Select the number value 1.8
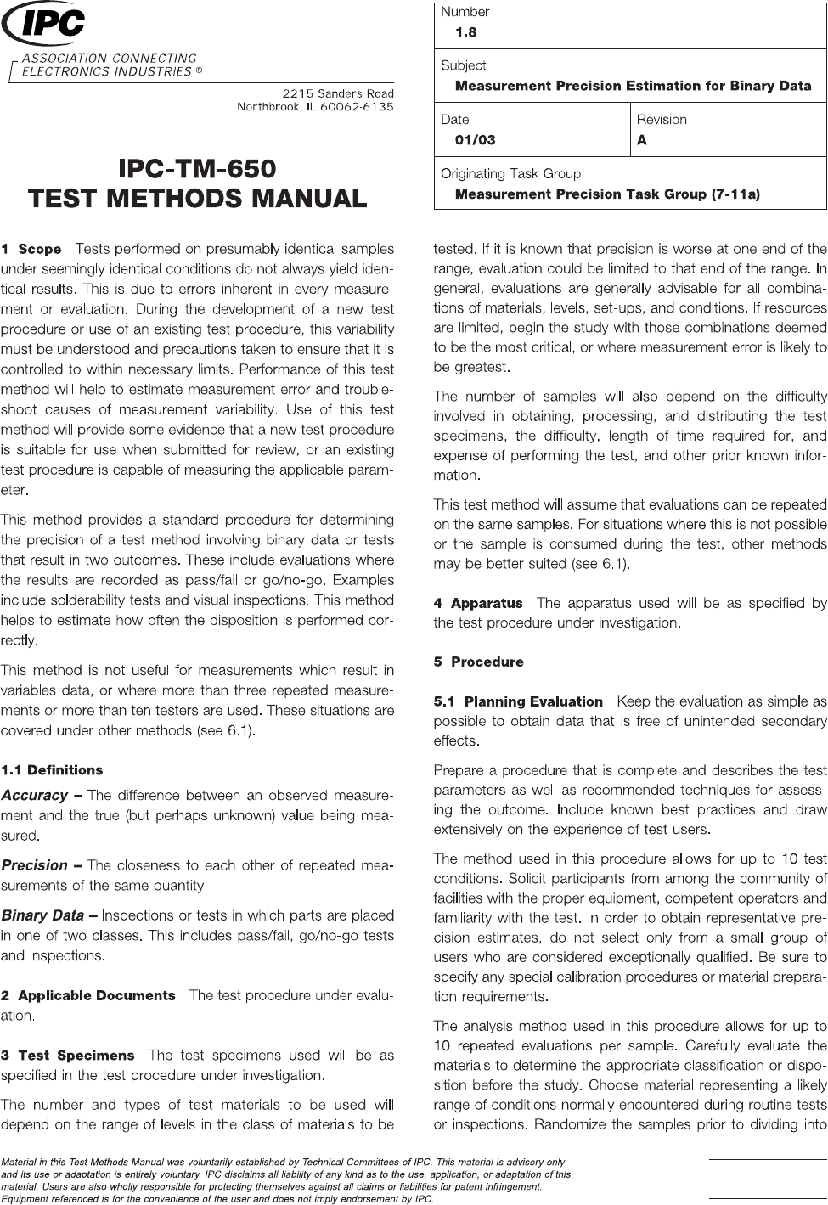465,32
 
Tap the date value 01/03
476,140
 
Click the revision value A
642,140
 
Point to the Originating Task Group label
510,173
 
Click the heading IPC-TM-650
197,167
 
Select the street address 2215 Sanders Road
337,93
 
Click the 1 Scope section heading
31,250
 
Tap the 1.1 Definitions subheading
52,770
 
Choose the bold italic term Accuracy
35,796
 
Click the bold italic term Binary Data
44,915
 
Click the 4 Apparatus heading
478,604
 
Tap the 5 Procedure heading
478,662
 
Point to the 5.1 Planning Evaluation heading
518,701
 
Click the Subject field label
463,65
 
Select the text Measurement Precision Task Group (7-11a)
607,194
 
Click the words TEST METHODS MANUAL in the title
197,199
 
